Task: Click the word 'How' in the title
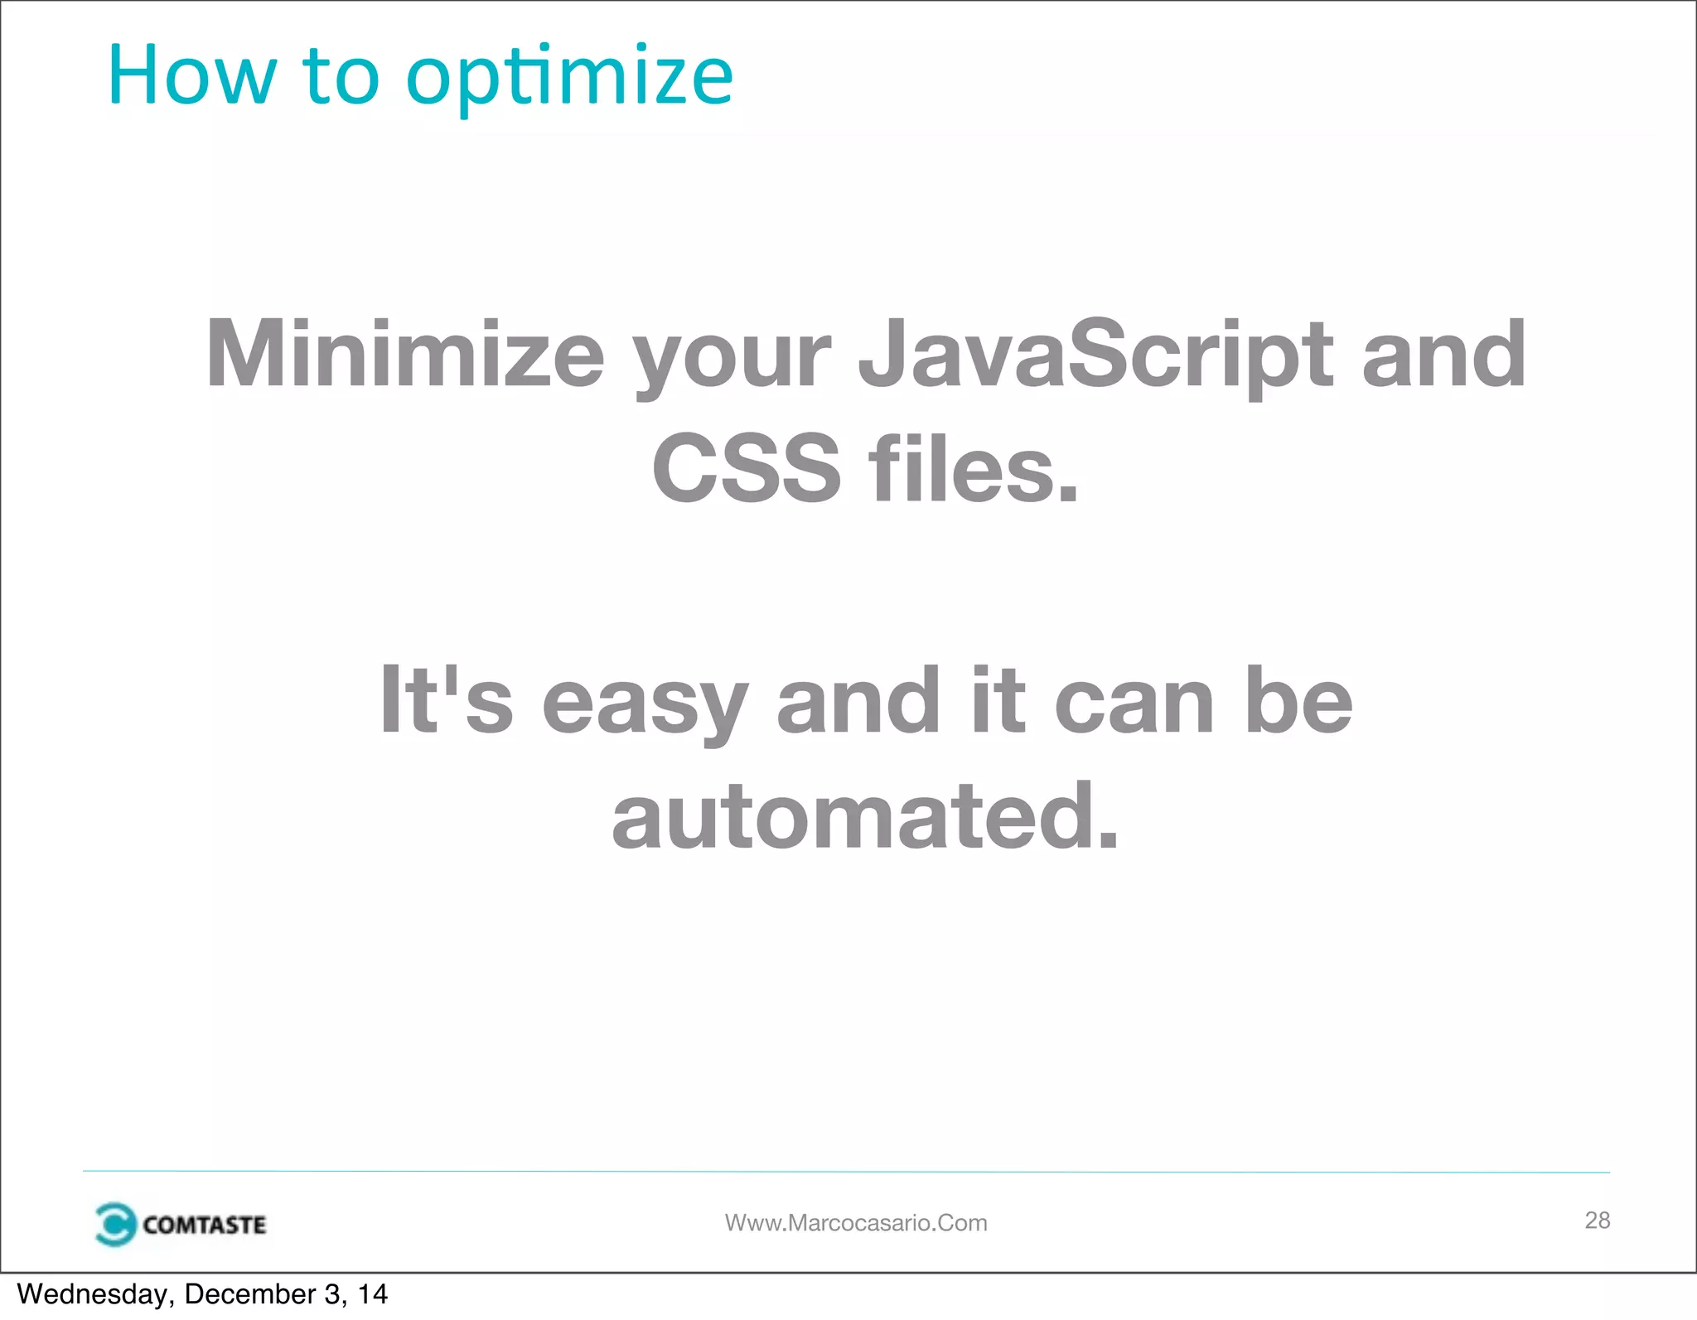[191, 76]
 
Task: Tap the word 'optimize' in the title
[569, 79]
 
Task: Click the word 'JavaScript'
[1095, 356]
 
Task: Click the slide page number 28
[1597, 1220]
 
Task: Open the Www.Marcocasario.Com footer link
[856, 1223]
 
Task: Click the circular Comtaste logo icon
[114, 1224]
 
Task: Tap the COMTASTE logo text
[204, 1225]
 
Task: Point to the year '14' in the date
[372, 1294]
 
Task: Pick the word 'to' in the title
[341, 76]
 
